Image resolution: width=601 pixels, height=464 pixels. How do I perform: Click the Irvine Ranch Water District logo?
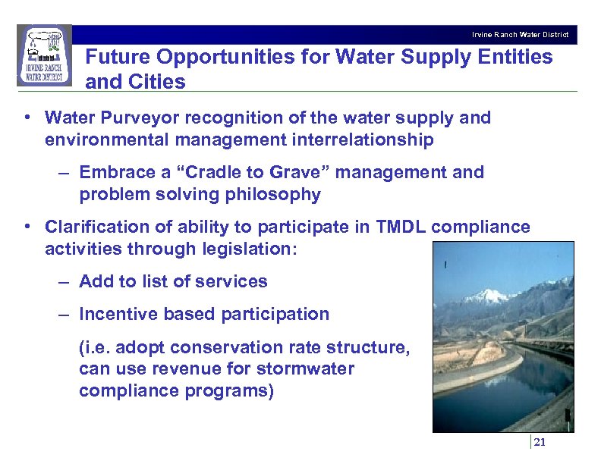pos(44,56)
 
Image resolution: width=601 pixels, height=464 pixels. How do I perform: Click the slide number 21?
pos(540,444)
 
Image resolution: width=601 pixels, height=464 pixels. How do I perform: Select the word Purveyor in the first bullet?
pos(137,118)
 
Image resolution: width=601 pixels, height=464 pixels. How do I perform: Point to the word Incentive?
pos(117,314)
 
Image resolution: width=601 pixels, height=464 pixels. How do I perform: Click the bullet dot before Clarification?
pos(27,227)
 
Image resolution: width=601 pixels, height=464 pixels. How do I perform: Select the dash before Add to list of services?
pos(65,281)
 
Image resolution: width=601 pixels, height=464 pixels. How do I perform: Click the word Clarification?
pos(97,227)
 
